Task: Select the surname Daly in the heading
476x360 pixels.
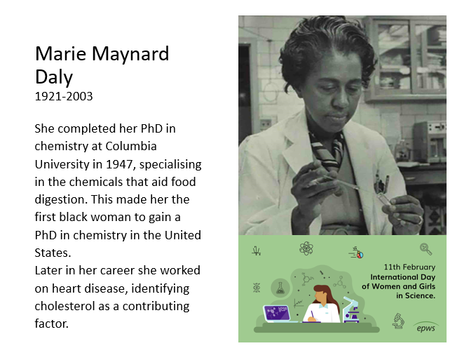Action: [x=53, y=76]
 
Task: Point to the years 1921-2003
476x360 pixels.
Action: [x=64, y=95]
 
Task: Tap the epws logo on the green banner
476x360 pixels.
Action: [x=426, y=328]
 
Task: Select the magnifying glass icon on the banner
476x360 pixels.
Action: [x=426, y=248]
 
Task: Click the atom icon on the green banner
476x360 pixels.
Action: [x=306, y=248]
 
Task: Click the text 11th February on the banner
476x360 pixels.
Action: [x=409, y=267]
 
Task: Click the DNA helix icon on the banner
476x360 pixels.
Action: [x=256, y=288]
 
